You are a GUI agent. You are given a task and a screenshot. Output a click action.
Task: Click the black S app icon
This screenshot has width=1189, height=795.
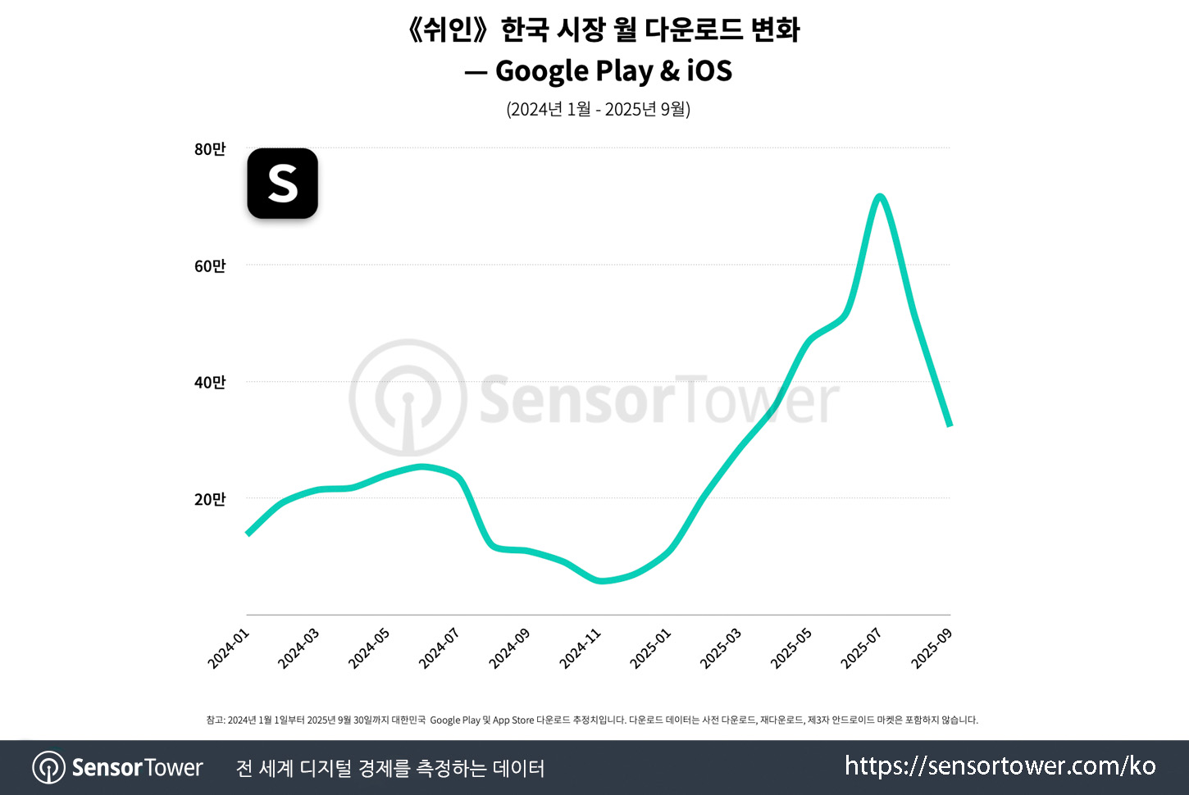coord(283,184)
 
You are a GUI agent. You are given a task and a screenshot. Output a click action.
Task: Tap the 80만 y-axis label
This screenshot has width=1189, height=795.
coord(210,149)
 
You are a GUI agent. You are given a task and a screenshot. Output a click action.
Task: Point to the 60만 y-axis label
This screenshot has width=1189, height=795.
coord(210,266)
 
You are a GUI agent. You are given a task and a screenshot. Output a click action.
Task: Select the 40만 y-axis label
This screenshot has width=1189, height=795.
coord(210,382)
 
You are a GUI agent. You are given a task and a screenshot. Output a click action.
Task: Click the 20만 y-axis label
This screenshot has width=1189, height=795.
coord(210,499)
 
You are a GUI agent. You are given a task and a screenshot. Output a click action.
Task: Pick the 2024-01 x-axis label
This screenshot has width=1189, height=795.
coord(228,648)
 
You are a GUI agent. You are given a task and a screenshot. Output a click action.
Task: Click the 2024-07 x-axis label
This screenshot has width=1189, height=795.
coord(440,648)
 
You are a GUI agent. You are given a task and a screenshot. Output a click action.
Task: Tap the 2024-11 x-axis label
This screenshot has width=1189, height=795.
coord(581,648)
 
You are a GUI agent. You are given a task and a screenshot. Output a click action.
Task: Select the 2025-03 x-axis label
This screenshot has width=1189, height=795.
coord(721,648)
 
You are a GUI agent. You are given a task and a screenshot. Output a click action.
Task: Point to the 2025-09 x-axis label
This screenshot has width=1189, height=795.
coord(932,648)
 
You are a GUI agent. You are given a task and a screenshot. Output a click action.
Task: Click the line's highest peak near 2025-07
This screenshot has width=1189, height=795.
coord(880,196)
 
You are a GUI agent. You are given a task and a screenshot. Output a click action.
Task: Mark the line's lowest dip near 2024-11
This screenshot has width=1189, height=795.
coord(601,581)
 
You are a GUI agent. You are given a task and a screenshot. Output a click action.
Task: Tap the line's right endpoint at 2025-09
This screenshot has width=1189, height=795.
coord(950,425)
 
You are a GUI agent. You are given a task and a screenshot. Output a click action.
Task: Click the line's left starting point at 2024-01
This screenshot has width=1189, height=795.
coord(248,534)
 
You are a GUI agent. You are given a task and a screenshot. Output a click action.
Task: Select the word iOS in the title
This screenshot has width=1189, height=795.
coord(709,71)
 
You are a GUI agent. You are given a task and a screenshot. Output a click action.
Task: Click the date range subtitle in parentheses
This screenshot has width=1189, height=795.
coord(598,109)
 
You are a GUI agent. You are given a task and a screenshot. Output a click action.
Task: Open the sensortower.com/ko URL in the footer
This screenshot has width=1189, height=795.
coord(1000,766)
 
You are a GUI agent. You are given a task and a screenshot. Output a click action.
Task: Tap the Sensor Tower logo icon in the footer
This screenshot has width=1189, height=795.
coord(49,768)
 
